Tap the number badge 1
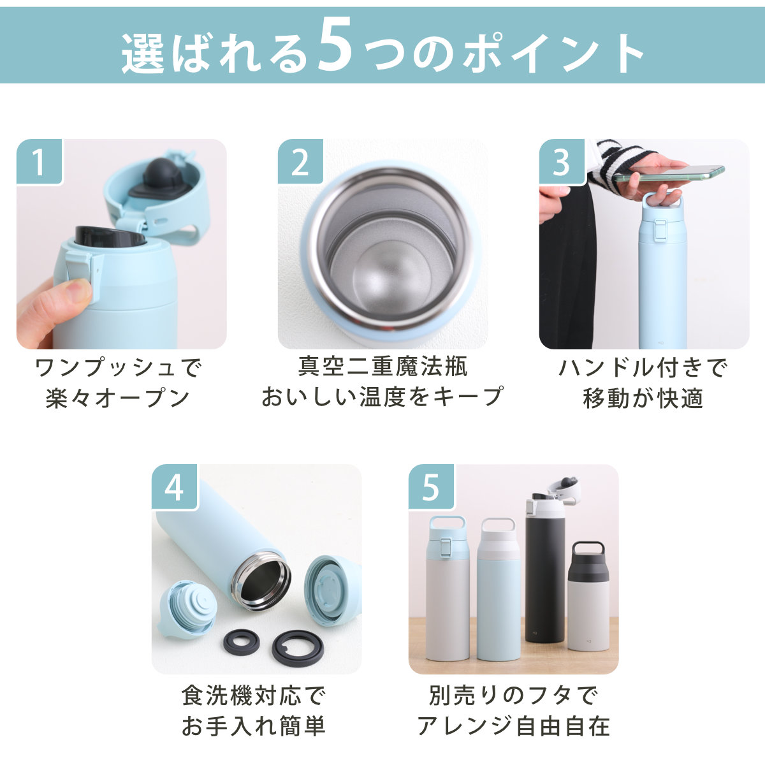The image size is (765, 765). [40, 162]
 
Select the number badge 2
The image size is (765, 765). [300, 162]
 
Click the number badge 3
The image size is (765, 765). [562, 162]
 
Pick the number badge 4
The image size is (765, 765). [175, 487]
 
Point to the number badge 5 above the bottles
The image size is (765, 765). [432, 487]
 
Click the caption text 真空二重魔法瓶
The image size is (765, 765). [382, 367]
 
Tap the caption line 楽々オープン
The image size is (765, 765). [118, 398]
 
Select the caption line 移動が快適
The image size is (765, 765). [643, 398]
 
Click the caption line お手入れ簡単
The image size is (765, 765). [253, 725]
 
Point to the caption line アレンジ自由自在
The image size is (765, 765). [513, 725]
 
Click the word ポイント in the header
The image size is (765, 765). [553, 53]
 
